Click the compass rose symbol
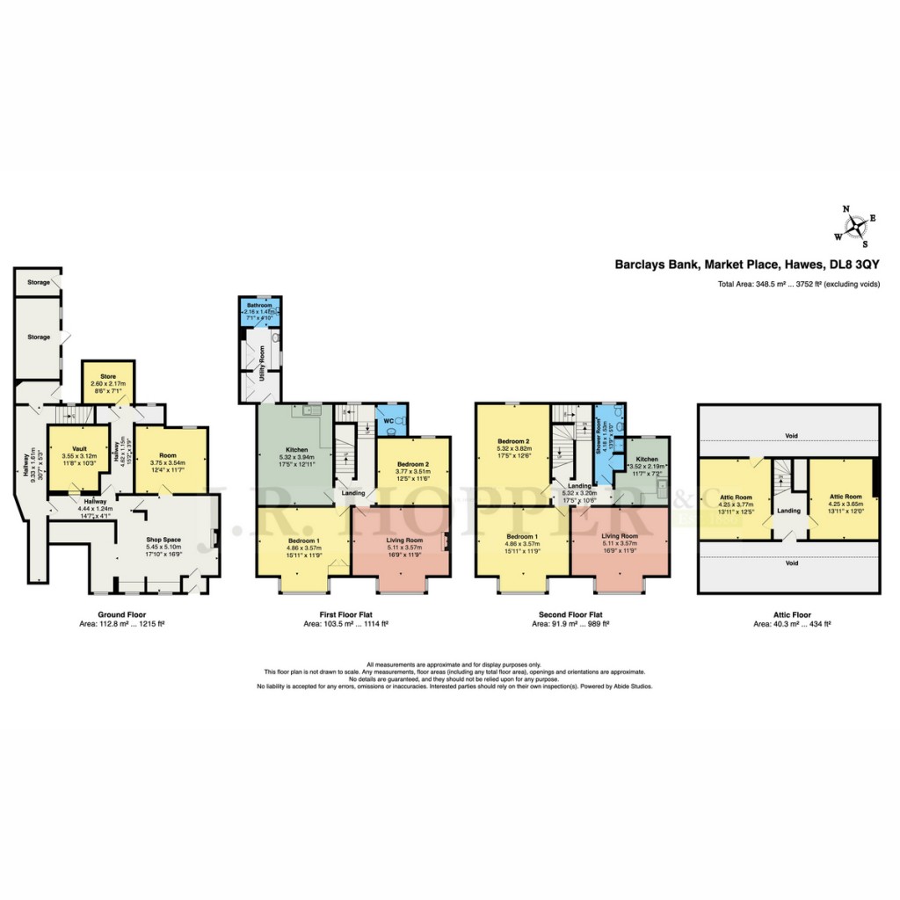coord(851,225)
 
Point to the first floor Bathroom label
coord(259,305)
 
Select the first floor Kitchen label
coord(295,450)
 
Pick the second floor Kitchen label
coord(647,460)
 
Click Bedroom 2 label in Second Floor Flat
coord(512,441)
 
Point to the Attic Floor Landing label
coord(788,511)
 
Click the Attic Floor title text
coord(788,615)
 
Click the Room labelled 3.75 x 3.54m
coord(168,455)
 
